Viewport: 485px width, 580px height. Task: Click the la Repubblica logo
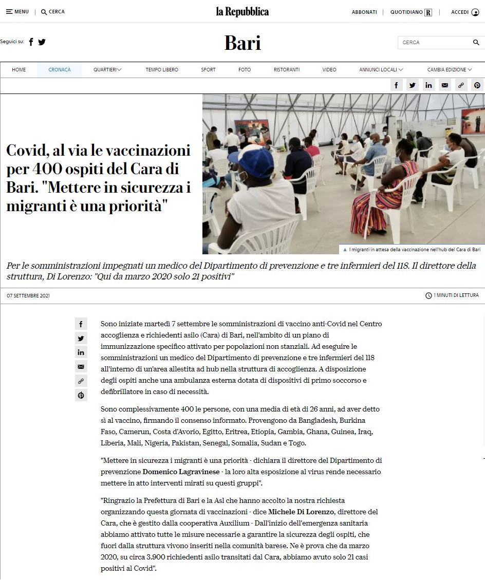[242, 12]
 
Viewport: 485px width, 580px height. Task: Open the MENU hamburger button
[17, 12]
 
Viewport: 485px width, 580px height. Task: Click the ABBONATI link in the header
[364, 12]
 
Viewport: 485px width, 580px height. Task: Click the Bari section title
[242, 43]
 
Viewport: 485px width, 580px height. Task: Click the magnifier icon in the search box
[476, 43]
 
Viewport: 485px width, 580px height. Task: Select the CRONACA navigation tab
[60, 70]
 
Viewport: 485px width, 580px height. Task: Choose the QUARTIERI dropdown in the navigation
[107, 70]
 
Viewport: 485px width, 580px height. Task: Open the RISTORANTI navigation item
[287, 70]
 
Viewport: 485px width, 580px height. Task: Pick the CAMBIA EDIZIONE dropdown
[450, 70]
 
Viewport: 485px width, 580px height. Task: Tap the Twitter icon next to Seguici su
[42, 42]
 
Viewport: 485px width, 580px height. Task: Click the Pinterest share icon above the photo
[477, 86]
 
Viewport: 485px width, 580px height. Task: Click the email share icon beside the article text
[81, 367]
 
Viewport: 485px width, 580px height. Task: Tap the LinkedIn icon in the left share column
[81, 352]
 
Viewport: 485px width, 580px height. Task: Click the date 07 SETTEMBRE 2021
[28, 296]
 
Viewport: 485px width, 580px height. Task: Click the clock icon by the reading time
[428, 296]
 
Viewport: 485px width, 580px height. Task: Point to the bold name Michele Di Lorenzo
[301, 512]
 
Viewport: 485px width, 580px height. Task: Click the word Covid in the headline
[26, 151]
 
